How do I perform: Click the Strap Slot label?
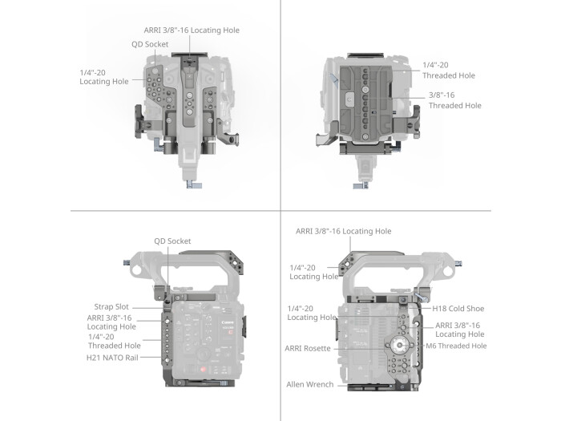pos(111,306)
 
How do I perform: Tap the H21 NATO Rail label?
pos(113,357)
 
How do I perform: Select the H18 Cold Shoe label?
pos(458,308)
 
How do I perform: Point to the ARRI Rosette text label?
pos(309,349)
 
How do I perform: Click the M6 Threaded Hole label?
pos(457,346)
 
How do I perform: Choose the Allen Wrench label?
pos(310,384)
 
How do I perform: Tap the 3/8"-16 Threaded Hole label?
pos(454,99)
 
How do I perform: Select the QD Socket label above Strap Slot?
pos(172,241)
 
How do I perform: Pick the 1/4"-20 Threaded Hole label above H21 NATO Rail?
pos(115,341)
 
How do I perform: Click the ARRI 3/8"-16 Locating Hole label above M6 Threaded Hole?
pos(459,330)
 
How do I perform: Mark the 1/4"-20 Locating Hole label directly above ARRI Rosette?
pos(311,312)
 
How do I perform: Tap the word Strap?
pos(103,306)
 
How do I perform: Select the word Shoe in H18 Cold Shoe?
pos(474,308)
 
